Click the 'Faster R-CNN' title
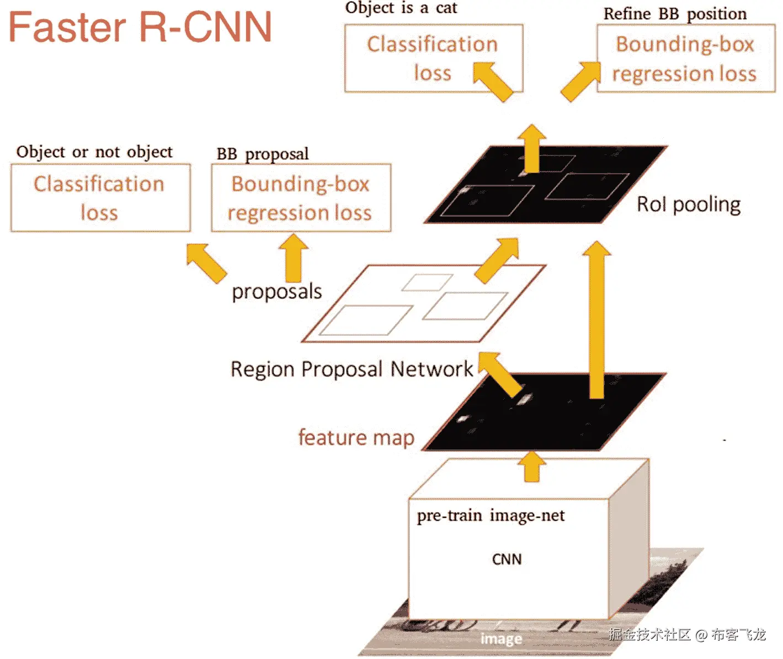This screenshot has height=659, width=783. [140, 27]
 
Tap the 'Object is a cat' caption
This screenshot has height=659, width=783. [401, 8]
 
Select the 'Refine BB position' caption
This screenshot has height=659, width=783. [675, 14]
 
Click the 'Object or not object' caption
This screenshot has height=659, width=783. [94, 152]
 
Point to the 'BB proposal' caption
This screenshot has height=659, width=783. [263, 154]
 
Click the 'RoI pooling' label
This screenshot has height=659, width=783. [689, 205]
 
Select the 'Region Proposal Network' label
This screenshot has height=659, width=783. [351, 369]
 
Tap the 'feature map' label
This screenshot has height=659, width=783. [356, 437]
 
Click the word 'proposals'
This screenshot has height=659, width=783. [277, 292]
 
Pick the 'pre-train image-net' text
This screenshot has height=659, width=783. [491, 516]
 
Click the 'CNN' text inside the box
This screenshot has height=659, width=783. [507, 559]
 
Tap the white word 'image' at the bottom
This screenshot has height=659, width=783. [501, 639]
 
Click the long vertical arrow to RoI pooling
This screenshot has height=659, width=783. [596, 319]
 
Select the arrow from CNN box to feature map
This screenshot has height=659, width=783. [532, 466]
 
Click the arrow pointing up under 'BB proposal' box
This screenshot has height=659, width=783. [294, 258]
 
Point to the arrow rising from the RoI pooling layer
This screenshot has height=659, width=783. [532, 148]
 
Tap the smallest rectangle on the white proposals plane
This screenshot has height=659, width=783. [427, 282]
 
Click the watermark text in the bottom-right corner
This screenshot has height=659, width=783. [688, 634]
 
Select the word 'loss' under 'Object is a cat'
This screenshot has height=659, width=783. [433, 73]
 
